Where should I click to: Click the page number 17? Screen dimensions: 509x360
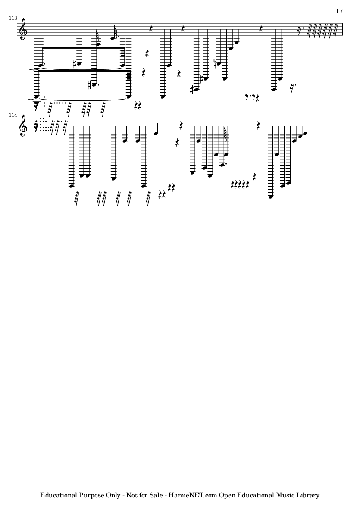pyautogui.click(x=339, y=11)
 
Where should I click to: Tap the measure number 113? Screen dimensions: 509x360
pyautogui.click(x=12, y=19)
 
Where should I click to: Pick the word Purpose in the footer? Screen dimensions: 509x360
pyautogui.click(x=93, y=495)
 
